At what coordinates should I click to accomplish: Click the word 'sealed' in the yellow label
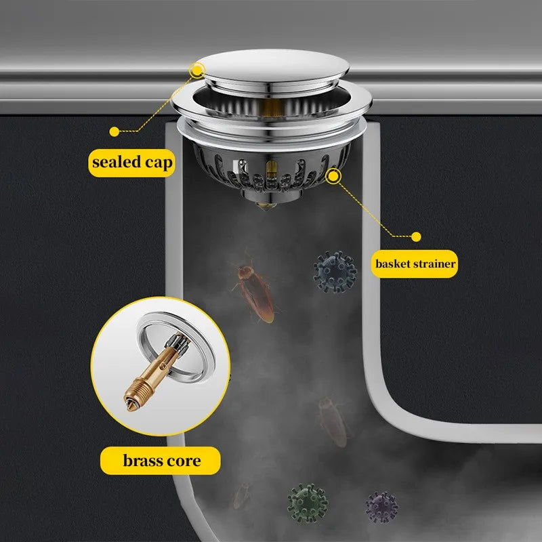point(117,162)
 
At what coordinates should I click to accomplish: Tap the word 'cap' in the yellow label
point(159,163)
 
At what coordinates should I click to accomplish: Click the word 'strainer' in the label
point(435,264)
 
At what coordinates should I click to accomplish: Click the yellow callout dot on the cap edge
point(197,70)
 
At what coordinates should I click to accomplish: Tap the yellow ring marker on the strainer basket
point(333,176)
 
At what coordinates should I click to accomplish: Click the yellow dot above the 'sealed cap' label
point(114,131)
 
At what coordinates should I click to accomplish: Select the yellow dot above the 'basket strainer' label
point(416,236)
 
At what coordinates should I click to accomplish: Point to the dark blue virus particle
point(335,272)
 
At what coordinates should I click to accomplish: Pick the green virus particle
point(308,503)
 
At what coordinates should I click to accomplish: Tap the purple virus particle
point(381,507)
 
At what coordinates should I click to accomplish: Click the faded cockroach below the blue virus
point(333,421)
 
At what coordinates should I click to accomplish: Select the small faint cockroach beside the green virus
point(241,496)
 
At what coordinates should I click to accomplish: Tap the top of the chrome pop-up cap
point(272,66)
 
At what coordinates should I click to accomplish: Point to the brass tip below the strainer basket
point(266,206)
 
